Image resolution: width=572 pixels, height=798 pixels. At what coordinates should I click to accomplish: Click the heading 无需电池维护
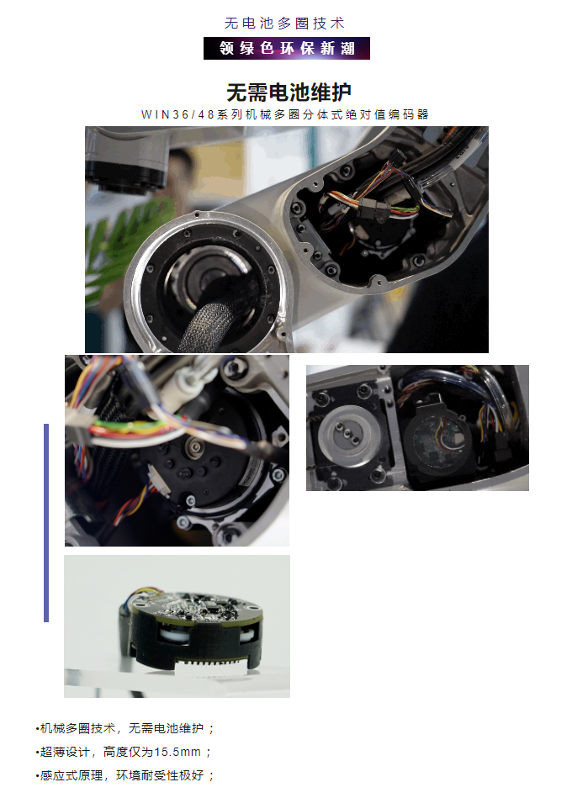point(289,92)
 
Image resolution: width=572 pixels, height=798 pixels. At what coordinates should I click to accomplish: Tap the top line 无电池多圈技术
point(285,24)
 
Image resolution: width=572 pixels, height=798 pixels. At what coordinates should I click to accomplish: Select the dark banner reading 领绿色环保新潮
point(287,48)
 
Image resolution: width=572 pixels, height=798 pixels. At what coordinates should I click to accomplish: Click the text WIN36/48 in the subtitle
point(178,114)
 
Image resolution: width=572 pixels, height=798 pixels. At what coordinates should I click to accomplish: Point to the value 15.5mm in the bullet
point(177,752)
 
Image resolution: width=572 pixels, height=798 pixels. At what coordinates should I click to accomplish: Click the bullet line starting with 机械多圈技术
point(125,728)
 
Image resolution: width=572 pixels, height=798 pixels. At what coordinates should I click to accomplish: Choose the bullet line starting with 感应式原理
point(125,775)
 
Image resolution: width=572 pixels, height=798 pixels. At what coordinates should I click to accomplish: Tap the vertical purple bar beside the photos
point(46,523)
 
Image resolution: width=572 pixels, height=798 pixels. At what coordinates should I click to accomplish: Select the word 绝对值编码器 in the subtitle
point(388,114)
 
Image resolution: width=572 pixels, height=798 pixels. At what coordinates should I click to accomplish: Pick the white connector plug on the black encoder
point(158,481)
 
